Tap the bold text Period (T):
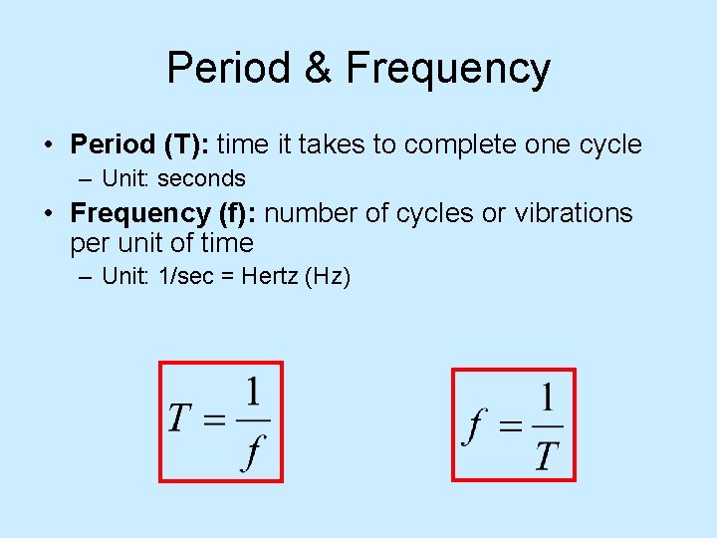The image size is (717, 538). click(139, 144)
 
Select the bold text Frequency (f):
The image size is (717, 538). click(164, 213)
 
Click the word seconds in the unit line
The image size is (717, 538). click(201, 179)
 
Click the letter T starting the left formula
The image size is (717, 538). click(180, 418)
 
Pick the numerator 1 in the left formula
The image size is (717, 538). click(253, 392)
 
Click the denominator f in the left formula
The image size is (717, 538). click(254, 454)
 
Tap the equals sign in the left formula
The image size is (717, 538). click(215, 419)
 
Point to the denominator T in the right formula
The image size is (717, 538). click(546, 456)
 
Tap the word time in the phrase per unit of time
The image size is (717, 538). click(226, 243)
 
